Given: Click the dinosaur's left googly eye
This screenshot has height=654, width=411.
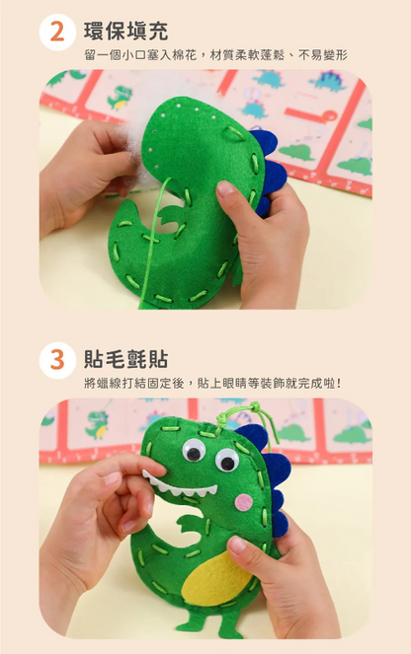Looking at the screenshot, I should pos(194,452).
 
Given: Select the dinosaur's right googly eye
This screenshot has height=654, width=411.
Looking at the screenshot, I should pos(226,460).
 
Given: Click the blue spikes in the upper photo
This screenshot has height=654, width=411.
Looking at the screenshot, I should pos(271,178).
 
